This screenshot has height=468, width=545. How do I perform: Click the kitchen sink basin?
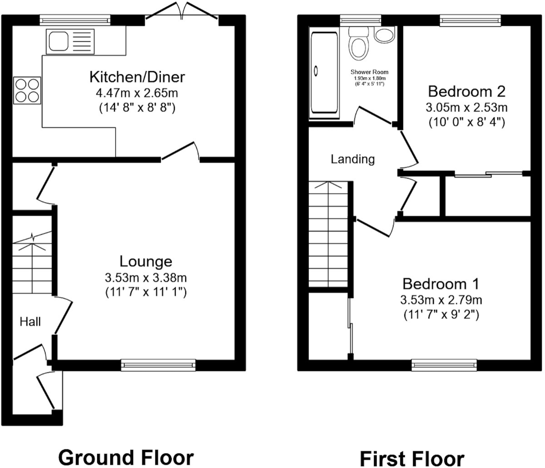[x=58, y=42]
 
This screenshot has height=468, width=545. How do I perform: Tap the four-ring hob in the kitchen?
[x=27, y=90]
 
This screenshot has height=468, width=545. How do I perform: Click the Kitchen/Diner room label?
[x=137, y=77]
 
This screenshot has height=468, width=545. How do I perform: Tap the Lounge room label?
[x=146, y=261]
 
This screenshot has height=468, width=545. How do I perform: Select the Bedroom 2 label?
[x=466, y=91]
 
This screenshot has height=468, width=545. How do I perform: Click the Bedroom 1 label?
[x=441, y=284]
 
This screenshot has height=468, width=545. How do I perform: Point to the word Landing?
[x=353, y=159]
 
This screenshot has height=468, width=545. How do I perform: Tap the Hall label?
[x=30, y=322]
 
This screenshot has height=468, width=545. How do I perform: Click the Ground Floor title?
[x=126, y=457]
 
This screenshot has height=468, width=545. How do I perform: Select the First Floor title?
[x=412, y=459]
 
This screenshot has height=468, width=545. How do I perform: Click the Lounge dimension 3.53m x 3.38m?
[x=146, y=277]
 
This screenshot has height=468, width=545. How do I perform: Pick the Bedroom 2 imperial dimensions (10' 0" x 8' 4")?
[x=466, y=122]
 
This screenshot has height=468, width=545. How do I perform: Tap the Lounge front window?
[x=158, y=364]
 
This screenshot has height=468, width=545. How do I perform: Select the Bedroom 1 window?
[x=444, y=364]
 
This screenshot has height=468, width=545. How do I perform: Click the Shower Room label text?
[x=369, y=72]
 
